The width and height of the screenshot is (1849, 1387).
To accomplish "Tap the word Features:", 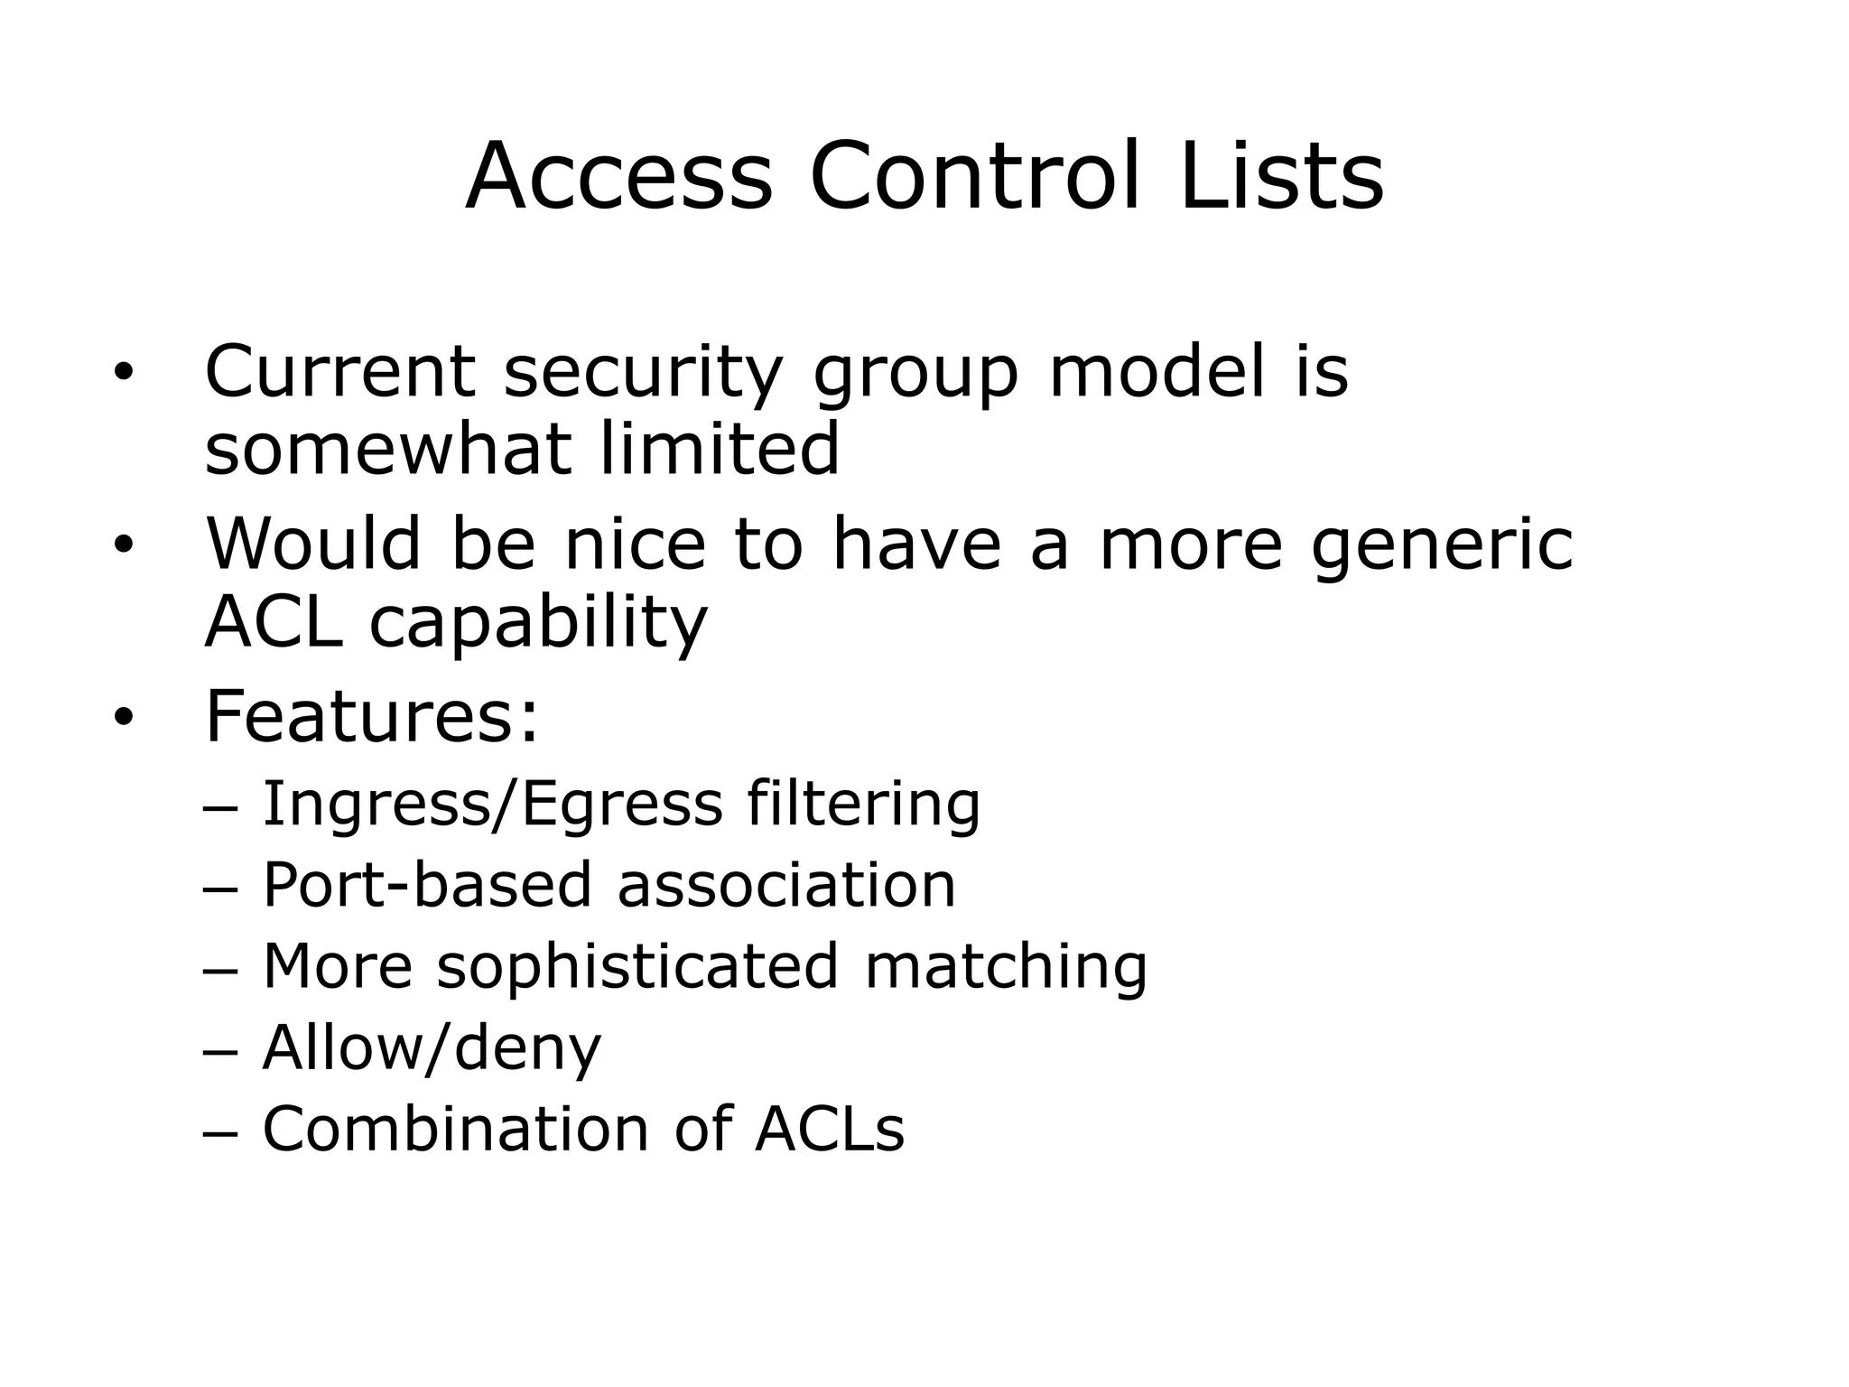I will [x=372, y=718].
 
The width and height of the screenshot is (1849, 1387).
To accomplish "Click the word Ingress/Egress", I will [x=492, y=805].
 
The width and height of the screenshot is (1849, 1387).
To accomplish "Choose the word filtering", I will [x=863, y=805].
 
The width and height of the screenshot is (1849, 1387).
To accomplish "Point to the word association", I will [x=785, y=885].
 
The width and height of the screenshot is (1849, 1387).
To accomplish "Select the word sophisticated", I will [x=637, y=968].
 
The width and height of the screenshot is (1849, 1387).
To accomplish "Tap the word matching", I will [x=1006, y=968].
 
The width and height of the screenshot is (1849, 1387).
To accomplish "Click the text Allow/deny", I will [x=432, y=1049].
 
